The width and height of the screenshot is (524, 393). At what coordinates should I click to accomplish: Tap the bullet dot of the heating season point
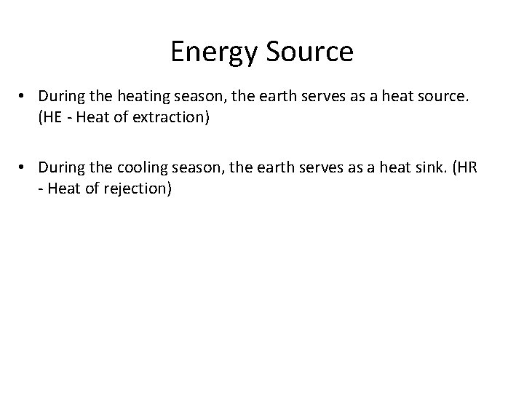[24, 95]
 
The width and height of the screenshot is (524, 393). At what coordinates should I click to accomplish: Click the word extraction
[172, 116]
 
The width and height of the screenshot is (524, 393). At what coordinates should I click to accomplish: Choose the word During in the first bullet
[60, 95]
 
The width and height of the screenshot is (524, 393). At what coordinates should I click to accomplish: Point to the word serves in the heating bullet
[307, 95]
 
